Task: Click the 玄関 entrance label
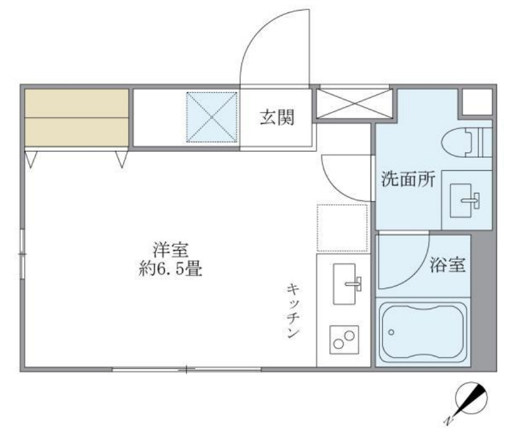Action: (x=276, y=118)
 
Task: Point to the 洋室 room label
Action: (x=170, y=251)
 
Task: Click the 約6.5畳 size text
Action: (x=171, y=270)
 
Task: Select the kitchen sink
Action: (x=347, y=283)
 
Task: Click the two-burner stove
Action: (x=343, y=339)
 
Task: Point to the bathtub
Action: (x=423, y=333)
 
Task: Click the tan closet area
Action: (x=77, y=118)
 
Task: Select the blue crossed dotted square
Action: (x=212, y=117)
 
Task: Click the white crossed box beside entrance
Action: (x=354, y=103)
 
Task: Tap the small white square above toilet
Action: (x=477, y=101)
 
